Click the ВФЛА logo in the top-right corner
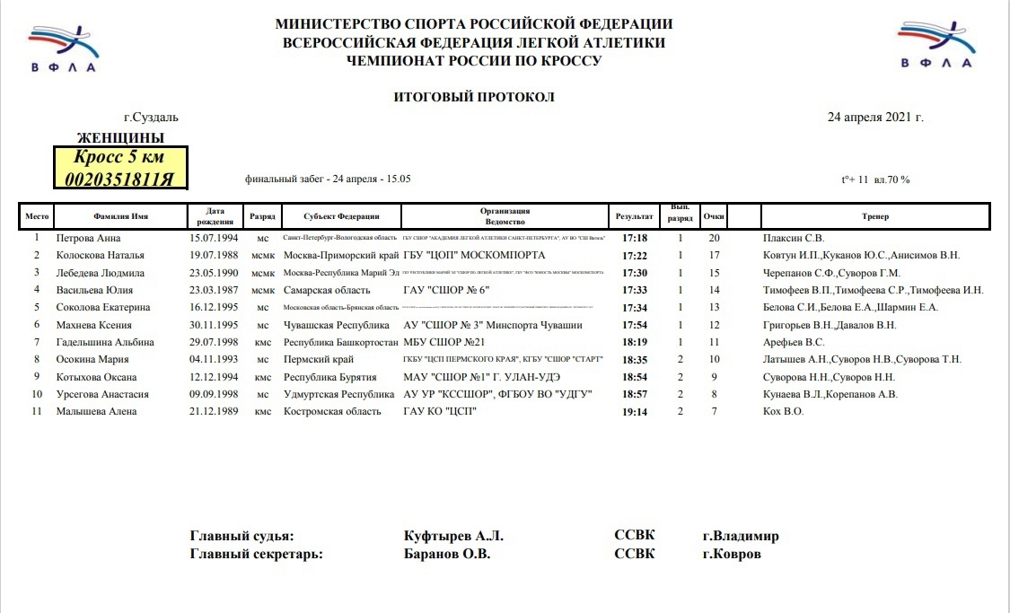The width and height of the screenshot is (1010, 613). tap(936, 45)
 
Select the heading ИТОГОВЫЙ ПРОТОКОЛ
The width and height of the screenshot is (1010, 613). tap(474, 96)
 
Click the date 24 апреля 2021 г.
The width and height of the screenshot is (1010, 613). tap(874, 117)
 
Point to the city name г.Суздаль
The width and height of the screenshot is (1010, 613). tap(152, 117)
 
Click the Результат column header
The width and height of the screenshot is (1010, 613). tap(634, 216)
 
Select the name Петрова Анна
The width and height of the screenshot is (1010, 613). tap(88, 238)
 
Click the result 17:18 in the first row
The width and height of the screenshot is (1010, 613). tap(635, 238)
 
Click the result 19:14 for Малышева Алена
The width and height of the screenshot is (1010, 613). tap(635, 411)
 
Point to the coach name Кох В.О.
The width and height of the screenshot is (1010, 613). tap(782, 411)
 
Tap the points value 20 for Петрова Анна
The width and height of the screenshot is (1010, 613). tap(715, 238)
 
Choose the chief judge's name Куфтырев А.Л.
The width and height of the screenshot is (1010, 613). tap(454, 536)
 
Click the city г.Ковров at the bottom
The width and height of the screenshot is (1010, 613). tap(732, 554)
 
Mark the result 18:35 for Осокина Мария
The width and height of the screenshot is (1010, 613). tap(635, 359)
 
